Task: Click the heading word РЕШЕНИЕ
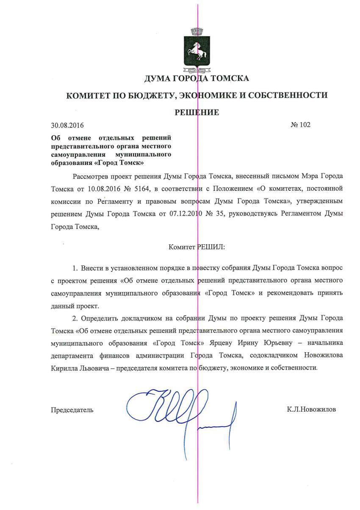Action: coord(197,112)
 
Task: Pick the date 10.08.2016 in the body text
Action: coord(99,187)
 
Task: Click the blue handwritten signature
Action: coord(182,411)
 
